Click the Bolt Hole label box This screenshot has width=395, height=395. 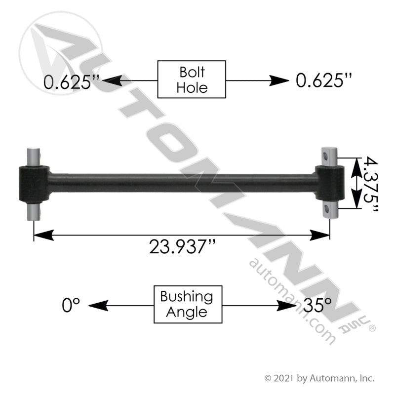point(191,79)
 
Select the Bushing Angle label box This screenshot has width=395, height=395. point(188,304)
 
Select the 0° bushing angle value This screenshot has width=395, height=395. point(71,306)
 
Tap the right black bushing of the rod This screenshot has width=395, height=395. point(329,183)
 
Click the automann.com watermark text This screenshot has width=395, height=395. point(292,300)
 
